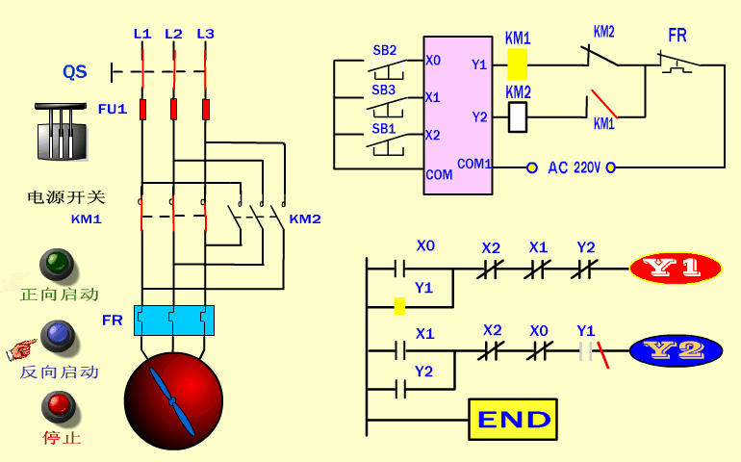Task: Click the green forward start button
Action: (57, 263)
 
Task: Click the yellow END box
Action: (514, 419)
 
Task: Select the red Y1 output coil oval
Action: (676, 269)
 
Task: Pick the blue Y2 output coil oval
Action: (676, 351)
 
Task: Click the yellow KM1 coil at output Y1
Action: (517, 64)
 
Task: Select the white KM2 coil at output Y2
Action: (517, 116)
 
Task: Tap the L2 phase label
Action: (173, 34)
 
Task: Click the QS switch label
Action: (75, 72)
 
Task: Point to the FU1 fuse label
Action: (112, 109)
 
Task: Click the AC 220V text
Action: (574, 167)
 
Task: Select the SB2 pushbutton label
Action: (384, 50)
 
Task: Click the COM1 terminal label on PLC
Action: (474, 164)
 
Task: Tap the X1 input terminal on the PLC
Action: (433, 97)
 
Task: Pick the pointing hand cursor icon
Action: (20, 346)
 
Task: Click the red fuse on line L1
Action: (142, 109)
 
